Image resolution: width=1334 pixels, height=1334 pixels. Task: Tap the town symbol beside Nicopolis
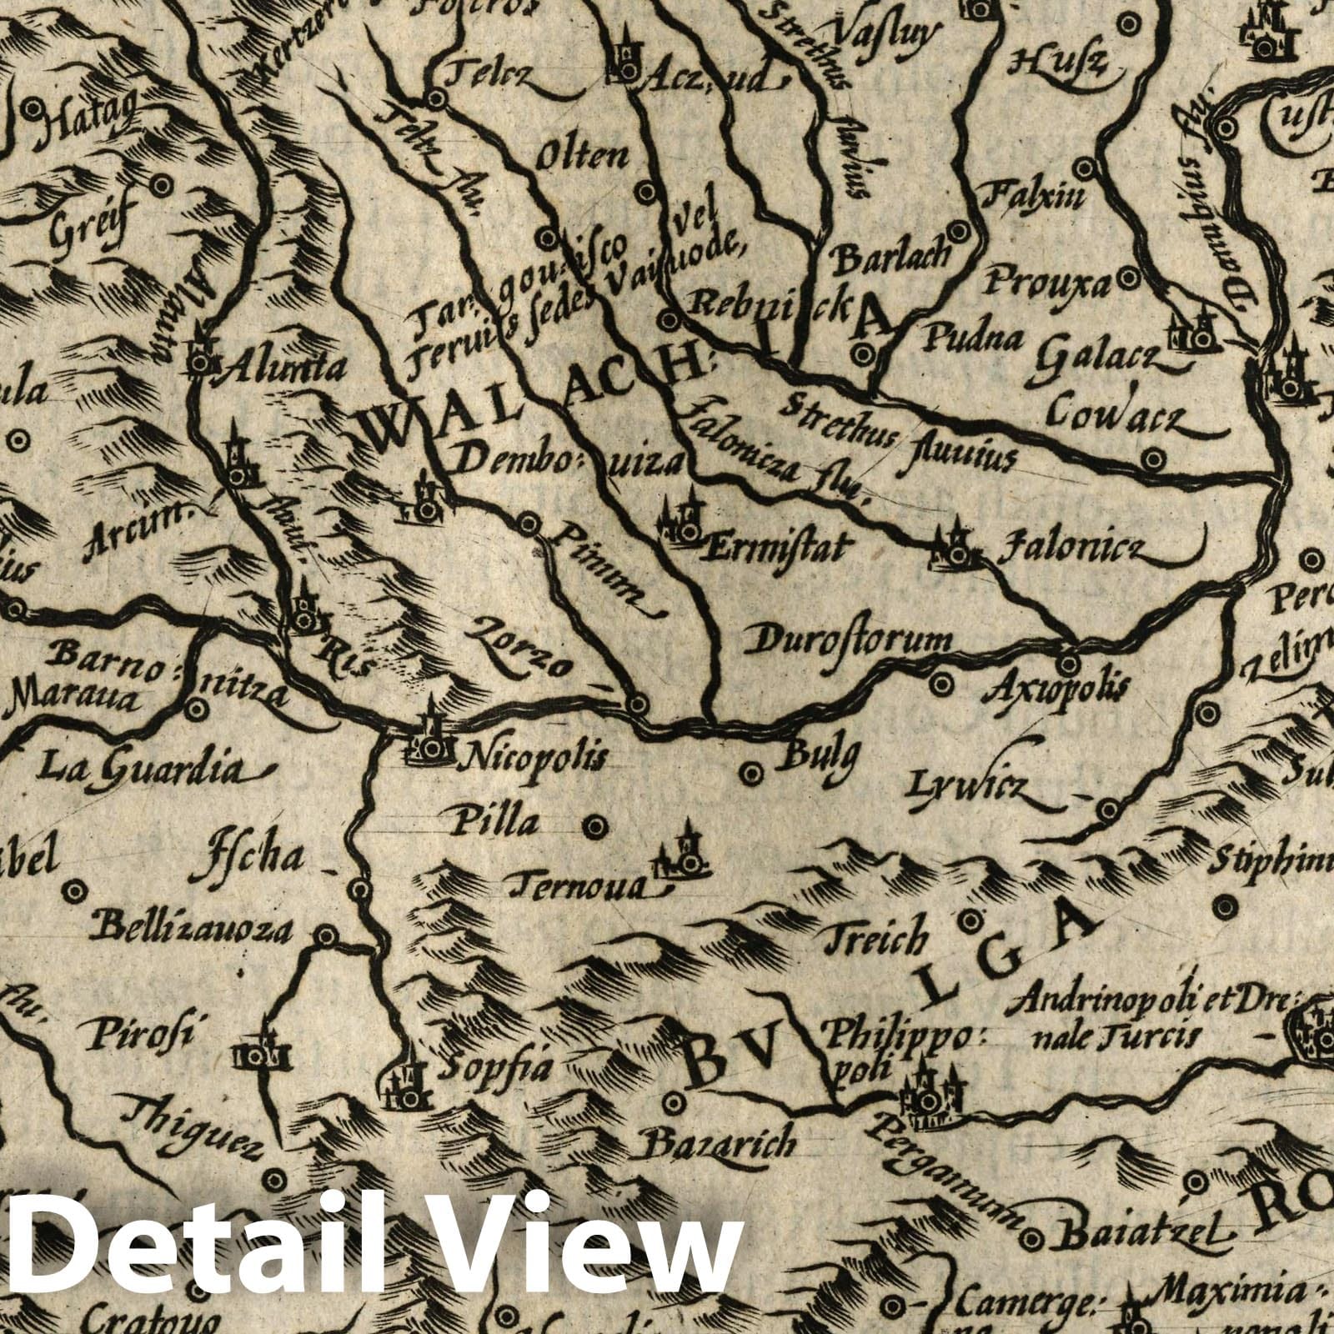click(430, 745)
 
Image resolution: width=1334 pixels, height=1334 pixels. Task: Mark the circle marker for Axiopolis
click(1069, 664)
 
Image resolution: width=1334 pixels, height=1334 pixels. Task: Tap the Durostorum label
click(852, 641)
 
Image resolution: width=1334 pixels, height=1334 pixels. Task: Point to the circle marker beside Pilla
click(594, 826)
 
